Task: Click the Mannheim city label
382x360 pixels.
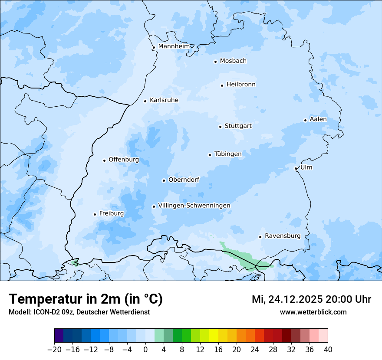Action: (174, 46)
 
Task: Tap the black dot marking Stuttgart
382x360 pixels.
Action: (220, 127)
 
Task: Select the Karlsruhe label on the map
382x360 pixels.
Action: (164, 100)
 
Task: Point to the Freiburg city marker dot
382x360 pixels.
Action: (95, 214)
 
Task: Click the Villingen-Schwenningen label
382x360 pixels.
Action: (194, 206)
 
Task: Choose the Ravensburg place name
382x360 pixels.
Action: (282, 236)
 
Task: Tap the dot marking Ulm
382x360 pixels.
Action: (296, 168)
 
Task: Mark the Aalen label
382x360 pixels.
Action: (318, 119)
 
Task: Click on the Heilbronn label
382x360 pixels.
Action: (241, 85)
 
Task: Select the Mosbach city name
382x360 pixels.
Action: (233, 61)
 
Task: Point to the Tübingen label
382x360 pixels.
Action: (228, 154)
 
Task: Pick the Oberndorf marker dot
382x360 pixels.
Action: (164, 180)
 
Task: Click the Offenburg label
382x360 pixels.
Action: (124, 160)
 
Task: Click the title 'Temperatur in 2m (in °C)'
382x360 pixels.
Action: (86, 299)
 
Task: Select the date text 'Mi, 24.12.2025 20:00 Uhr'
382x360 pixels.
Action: (311, 299)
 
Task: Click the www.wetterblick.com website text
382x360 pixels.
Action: (313, 312)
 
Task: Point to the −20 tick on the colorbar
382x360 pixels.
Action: (54, 349)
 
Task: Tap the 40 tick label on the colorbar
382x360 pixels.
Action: (328, 349)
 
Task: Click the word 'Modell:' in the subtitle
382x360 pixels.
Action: (20, 312)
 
